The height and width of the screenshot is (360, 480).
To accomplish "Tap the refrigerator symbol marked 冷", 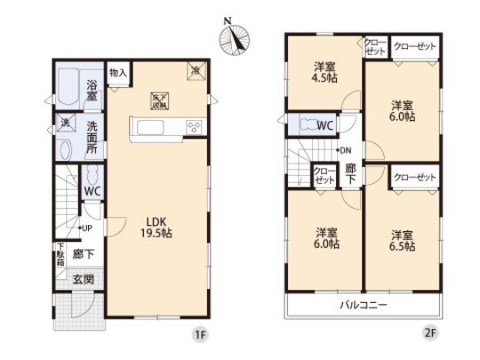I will tap(195, 70).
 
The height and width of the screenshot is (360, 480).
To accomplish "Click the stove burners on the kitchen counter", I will tap(194, 126).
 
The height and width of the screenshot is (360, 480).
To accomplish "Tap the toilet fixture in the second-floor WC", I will tap(308, 125).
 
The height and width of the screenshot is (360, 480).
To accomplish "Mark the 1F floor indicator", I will tap(202, 335).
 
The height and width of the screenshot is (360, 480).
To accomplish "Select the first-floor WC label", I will tap(92, 190).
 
